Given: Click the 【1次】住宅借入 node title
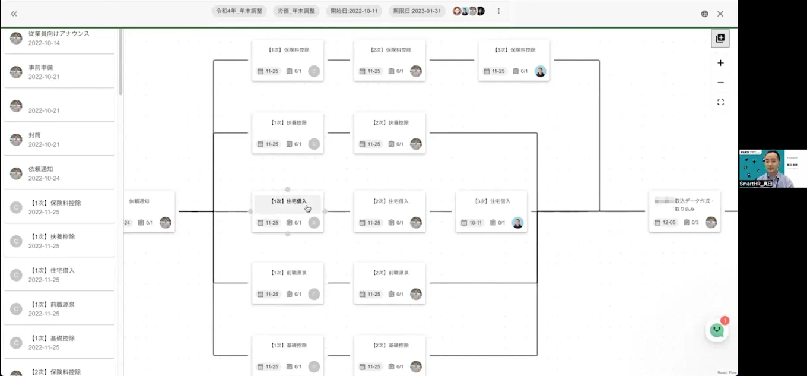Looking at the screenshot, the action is pyautogui.click(x=288, y=201).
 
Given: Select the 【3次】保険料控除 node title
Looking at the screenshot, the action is pyautogui.click(x=514, y=50).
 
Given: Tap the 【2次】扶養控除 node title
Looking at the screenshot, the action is pyautogui.click(x=390, y=123).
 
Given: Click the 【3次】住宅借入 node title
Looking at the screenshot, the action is pyautogui.click(x=491, y=201).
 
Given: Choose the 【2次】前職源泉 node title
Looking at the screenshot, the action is pyautogui.click(x=390, y=273).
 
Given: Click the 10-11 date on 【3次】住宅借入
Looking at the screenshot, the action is pyautogui.click(x=475, y=223).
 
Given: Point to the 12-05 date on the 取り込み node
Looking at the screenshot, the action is pyautogui.click(x=669, y=223).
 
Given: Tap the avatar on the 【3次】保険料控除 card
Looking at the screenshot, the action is pyautogui.click(x=540, y=71).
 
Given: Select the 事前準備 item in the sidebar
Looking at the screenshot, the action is pyautogui.click(x=41, y=68).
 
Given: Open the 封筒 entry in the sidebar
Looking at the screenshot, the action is pyautogui.click(x=34, y=135).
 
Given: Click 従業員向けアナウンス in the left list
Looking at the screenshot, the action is pyautogui.click(x=59, y=34).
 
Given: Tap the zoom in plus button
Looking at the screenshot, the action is pyautogui.click(x=720, y=63).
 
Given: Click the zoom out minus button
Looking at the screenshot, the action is pyautogui.click(x=720, y=83).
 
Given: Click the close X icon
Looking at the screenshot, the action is pyautogui.click(x=720, y=14).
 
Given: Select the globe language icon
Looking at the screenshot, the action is pyautogui.click(x=704, y=14).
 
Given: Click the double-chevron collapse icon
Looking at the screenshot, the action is pyautogui.click(x=14, y=14).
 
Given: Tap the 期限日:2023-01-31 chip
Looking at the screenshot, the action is pyautogui.click(x=417, y=11).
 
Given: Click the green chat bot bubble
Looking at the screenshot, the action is pyautogui.click(x=717, y=330).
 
